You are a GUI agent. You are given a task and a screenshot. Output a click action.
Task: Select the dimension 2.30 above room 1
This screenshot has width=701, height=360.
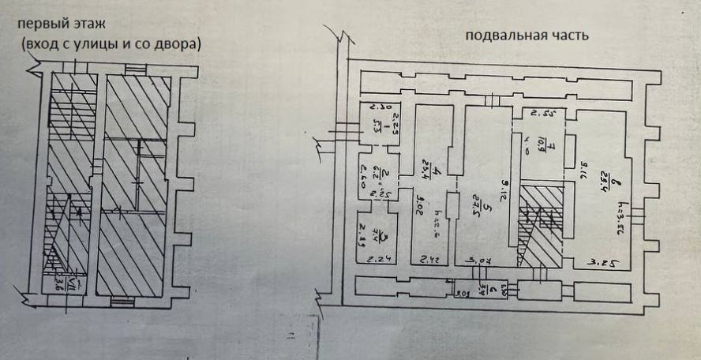pyautogui.click(x=371, y=108)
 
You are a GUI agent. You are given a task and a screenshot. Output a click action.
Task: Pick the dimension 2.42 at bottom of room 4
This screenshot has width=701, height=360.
pyautogui.click(x=429, y=258)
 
